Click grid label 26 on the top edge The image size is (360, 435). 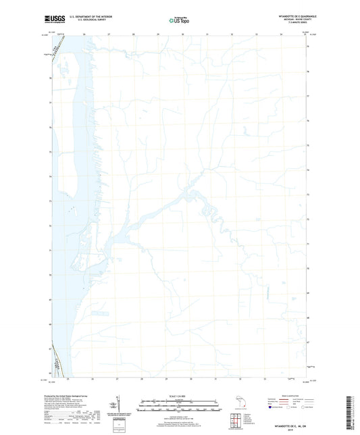[85, 32]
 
